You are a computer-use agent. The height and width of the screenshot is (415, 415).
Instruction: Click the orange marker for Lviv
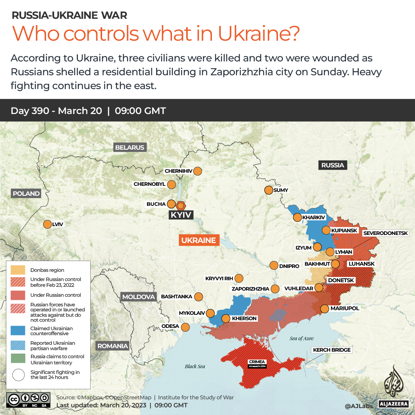(x=48, y=225)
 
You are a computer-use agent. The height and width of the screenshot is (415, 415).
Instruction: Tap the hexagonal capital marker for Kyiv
(x=180, y=205)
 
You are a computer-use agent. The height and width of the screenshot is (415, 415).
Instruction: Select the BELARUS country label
(x=130, y=147)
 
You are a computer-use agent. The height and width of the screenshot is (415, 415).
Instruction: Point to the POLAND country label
(x=26, y=193)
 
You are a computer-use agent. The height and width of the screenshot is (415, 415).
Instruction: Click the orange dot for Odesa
(x=185, y=327)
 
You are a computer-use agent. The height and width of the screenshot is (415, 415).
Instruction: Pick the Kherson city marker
(x=226, y=318)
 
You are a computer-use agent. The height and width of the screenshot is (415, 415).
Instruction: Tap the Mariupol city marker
(x=324, y=308)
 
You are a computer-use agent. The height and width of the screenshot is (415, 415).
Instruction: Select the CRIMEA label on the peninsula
(x=257, y=362)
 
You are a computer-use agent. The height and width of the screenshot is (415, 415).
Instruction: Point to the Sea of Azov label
(x=301, y=338)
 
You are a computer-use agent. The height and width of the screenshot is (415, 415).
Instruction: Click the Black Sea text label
(x=195, y=366)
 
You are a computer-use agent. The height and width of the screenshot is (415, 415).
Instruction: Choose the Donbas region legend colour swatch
(x=18, y=270)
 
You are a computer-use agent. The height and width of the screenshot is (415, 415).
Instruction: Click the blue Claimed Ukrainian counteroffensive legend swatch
(x=18, y=331)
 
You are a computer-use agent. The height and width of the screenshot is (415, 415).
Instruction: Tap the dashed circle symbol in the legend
(x=18, y=375)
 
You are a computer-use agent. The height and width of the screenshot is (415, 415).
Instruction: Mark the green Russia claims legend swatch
(x=18, y=359)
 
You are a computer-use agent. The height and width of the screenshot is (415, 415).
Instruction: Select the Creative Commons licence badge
(x=29, y=400)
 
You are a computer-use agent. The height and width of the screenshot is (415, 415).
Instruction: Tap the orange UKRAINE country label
(x=198, y=240)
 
